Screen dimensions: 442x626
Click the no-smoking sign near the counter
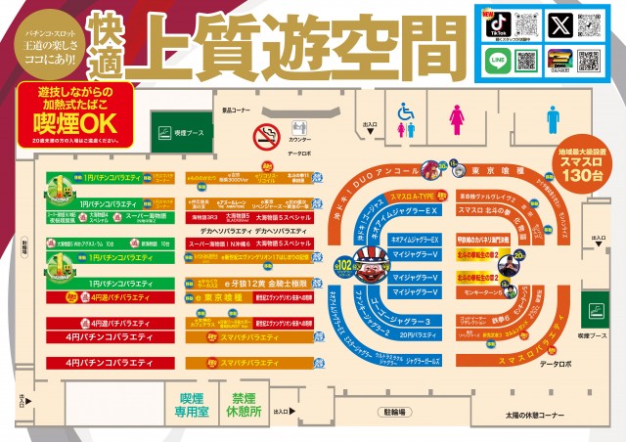coord(267,134)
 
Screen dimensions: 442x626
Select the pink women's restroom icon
coord(456,119)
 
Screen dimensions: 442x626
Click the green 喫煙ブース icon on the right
coord(593,315)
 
